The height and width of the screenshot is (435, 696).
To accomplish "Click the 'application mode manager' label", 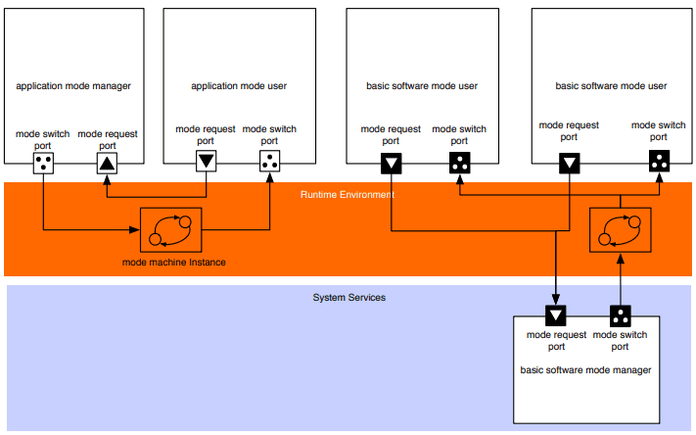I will (x=73, y=86).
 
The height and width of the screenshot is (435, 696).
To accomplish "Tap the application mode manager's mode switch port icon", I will (x=44, y=164).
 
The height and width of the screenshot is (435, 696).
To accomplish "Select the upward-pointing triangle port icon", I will (x=107, y=164).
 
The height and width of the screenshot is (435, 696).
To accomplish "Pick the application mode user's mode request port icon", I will (x=206, y=162).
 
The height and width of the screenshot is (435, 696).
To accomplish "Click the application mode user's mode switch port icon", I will (x=269, y=162).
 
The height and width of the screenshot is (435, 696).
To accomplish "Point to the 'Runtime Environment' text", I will (x=347, y=195).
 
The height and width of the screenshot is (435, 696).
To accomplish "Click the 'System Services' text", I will (x=348, y=297).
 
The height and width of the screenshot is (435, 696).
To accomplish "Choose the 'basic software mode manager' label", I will (x=585, y=369).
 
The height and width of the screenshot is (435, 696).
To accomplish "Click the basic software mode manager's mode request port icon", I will (x=556, y=315).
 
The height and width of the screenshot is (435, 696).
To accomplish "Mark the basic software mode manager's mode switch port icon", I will (x=621, y=315).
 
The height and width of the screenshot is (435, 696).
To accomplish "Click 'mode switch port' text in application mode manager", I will (x=44, y=138).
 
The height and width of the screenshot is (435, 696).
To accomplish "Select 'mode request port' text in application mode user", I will (x=206, y=135).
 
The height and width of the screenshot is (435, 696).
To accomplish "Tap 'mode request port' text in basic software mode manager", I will (x=556, y=340).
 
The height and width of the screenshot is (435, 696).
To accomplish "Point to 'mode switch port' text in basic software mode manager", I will (x=621, y=340).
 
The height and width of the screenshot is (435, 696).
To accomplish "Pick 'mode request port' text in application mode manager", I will (x=107, y=138).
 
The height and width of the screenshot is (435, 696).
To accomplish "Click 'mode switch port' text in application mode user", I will (x=269, y=135).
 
